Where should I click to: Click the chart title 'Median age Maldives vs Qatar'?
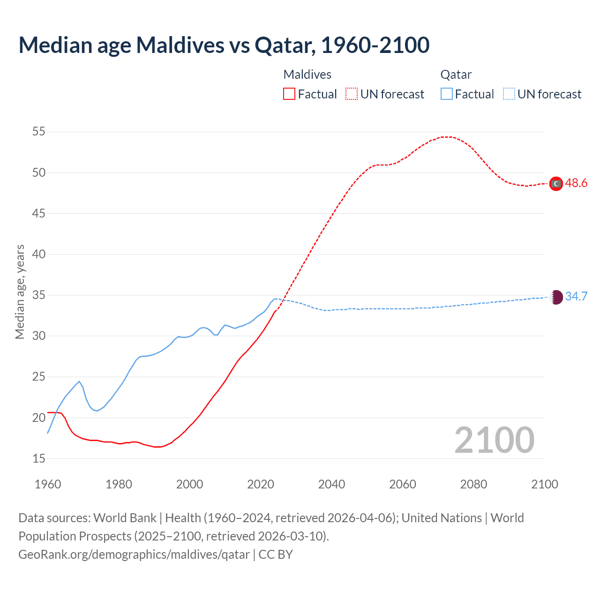(x=224, y=45)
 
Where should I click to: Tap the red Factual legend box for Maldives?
(x=289, y=94)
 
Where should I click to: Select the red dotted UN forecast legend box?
(x=352, y=94)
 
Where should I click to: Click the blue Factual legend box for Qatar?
(x=446, y=94)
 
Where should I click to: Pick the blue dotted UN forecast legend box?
(x=509, y=94)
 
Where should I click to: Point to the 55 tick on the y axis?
(x=39, y=132)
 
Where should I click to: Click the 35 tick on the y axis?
(x=39, y=295)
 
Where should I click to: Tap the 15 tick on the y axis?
(x=39, y=458)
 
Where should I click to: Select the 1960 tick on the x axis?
(x=48, y=484)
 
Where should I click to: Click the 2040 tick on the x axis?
(x=331, y=484)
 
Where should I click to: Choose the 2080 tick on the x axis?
(x=473, y=484)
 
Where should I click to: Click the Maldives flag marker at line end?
(x=556, y=184)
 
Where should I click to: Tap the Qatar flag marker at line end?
(x=556, y=297)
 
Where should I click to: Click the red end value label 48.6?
(x=576, y=183)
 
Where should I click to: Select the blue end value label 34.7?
(x=576, y=296)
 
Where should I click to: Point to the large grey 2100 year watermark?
(x=494, y=440)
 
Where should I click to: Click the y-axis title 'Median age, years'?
(x=20, y=292)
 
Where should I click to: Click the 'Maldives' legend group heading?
(x=307, y=75)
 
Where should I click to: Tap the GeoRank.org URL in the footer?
(x=134, y=555)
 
